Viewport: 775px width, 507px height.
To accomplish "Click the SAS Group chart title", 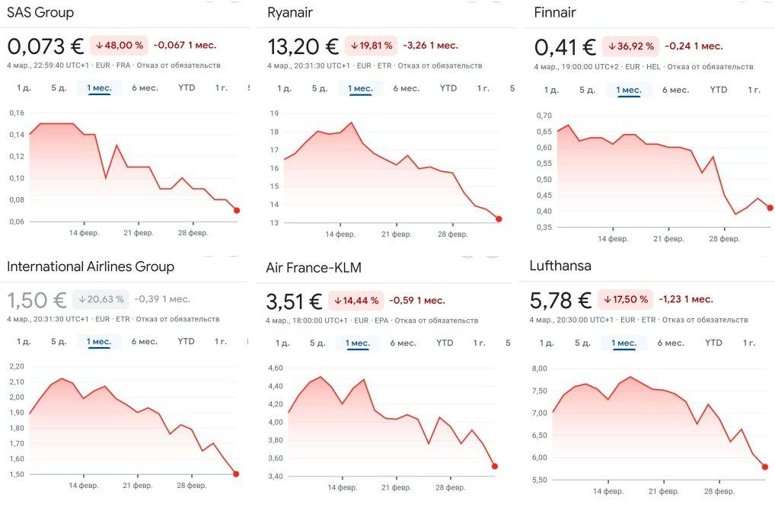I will [x=40, y=13].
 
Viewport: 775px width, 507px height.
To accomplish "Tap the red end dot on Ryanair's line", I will [x=499, y=219].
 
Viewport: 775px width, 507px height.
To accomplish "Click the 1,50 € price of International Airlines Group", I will [x=37, y=300].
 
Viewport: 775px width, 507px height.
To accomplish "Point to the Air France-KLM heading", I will [x=314, y=268].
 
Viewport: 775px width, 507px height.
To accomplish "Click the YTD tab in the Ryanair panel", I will [x=448, y=88].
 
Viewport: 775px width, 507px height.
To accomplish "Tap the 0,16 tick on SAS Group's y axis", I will [x=16, y=113].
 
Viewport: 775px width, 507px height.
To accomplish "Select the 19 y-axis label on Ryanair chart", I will [x=274, y=113].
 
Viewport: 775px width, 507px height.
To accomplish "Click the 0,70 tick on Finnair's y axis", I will [x=543, y=116].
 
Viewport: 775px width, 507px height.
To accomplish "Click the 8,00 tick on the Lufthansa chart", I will [x=539, y=368].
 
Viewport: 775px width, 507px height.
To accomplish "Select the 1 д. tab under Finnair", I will [x=551, y=90].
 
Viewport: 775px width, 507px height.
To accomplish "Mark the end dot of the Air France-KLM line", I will [x=495, y=467].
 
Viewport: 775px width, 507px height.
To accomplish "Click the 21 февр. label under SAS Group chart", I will [x=139, y=233].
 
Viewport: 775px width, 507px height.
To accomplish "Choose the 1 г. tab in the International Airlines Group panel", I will [x=221, y=342].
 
